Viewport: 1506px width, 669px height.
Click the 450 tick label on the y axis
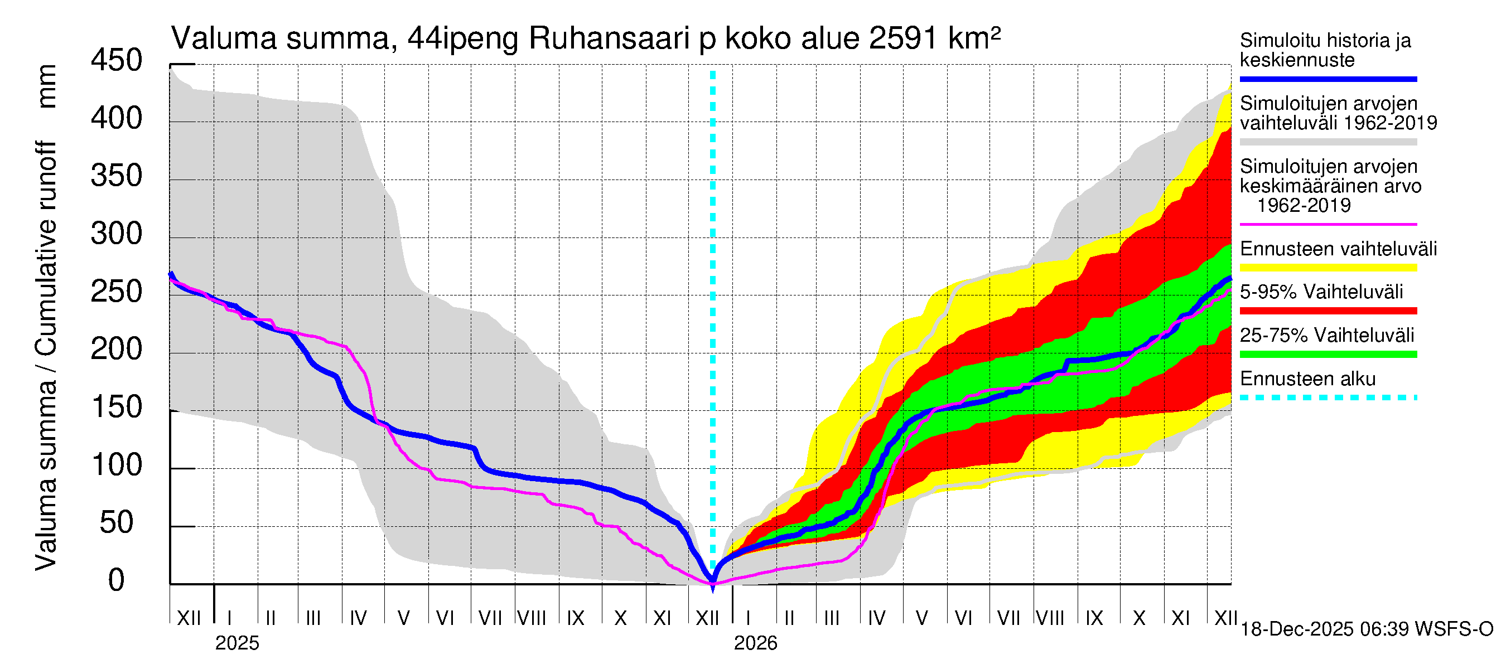click(117, 61)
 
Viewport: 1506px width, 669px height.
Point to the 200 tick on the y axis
click(117, 350)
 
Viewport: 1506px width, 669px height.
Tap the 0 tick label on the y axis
click(117, 580)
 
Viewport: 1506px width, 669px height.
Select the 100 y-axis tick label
click(117, 465)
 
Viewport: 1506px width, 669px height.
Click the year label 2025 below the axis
click(236, 643)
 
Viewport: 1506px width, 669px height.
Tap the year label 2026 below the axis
click(755, 643)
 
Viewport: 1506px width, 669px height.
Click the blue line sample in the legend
click(1328, 79)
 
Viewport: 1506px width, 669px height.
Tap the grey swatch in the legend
click(1328, 142)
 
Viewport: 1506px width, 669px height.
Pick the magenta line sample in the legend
click(1328, 224)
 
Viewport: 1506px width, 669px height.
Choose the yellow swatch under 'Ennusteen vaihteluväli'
click(1328, 268)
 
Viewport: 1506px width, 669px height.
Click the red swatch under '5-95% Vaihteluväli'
click(1328, 311)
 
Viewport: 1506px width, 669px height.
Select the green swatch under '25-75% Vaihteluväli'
click(1328, 354)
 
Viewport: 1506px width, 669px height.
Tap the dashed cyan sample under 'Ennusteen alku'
click(1328, 398)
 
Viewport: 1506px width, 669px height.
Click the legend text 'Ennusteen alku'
click(1308, 379)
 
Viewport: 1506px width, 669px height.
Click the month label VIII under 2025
click(532, 618)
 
